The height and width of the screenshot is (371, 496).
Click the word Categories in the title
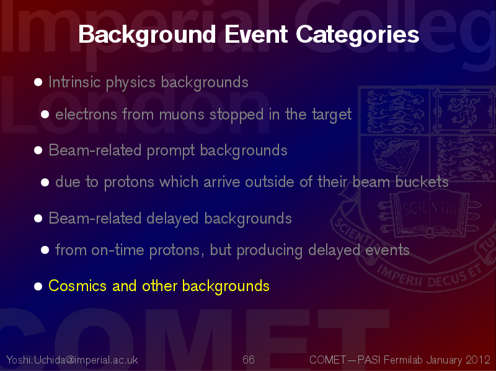click(x=358, y=35)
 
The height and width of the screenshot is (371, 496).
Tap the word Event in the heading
click(x=256, y=34)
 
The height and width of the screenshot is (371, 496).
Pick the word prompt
click(x=170, y=151)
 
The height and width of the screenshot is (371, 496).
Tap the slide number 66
click(x=249, y=360)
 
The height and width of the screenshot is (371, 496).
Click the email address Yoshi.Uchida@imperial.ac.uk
click(x=72, y=360)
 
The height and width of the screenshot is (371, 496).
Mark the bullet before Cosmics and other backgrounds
click(x=38, y=286)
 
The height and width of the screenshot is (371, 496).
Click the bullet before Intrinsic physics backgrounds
click(x=38, y=82)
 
